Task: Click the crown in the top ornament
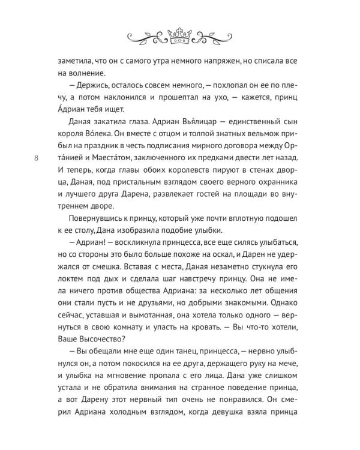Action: coord(180,36)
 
